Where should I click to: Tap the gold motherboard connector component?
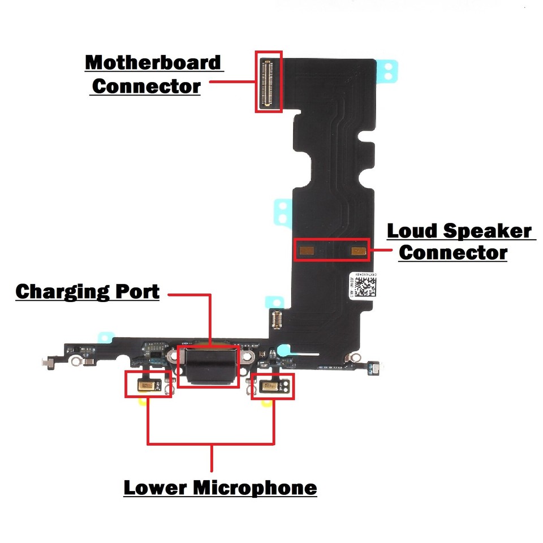[x=268, y=82]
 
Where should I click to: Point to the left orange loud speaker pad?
[x=308, y=249]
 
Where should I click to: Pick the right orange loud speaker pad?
[x=358, y=249]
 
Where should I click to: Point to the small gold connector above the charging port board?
[x=277, y=321]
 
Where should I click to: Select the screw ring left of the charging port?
[x=170, y=357]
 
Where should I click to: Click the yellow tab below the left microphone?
[x=143, y=402]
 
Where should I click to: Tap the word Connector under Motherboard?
[x=146, y=87]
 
